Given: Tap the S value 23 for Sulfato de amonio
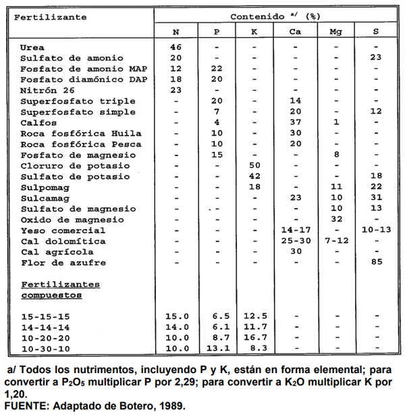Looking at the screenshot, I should (x=376, y=58).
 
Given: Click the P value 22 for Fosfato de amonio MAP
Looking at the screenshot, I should (x=216, y=69).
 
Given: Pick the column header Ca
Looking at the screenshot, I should (x=295, y=31).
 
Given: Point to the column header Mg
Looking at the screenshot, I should (x=335, y=31).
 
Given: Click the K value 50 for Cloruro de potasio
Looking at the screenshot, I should (x=254, y=166).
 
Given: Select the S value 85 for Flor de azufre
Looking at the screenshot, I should (x=376, y=262).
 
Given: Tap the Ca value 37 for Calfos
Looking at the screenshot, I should (x=295, y=122).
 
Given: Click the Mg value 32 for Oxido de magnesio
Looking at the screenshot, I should (x=335, y=220).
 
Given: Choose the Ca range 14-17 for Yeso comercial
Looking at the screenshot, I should (x=295, y=230).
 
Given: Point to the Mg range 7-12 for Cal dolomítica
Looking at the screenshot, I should (x=335, y=241).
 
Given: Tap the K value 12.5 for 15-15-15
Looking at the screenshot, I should (x=254, y=316).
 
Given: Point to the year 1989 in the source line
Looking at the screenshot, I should (x=169, y=406).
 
